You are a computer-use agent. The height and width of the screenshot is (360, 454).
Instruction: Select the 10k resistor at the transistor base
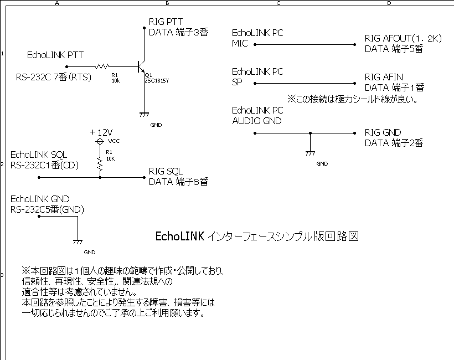[102, 66]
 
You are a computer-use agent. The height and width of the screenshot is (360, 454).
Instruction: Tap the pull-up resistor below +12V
[100, 164]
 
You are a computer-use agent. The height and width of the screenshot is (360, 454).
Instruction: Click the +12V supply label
[101, 132]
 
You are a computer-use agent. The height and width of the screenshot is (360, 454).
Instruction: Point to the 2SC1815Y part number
[157, 80]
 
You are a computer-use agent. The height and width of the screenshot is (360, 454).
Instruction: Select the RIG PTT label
[166, 22]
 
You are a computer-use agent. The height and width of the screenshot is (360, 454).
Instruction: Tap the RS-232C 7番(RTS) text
[53, 77]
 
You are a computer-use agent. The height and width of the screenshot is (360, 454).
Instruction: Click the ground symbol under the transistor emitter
[145, 115]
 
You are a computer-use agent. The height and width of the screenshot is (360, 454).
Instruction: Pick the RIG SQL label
[166, 171]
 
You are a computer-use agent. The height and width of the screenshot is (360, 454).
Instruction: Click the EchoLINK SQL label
[38, 155]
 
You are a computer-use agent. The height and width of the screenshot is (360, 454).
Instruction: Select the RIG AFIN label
[384, 77]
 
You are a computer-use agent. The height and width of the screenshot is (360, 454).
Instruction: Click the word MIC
[240, 44]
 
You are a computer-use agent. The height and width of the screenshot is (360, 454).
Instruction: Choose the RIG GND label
[383, 132]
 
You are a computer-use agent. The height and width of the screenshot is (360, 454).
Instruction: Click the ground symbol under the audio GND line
[310, 153]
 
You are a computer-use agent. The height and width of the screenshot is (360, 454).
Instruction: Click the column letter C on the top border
[278, 3]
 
